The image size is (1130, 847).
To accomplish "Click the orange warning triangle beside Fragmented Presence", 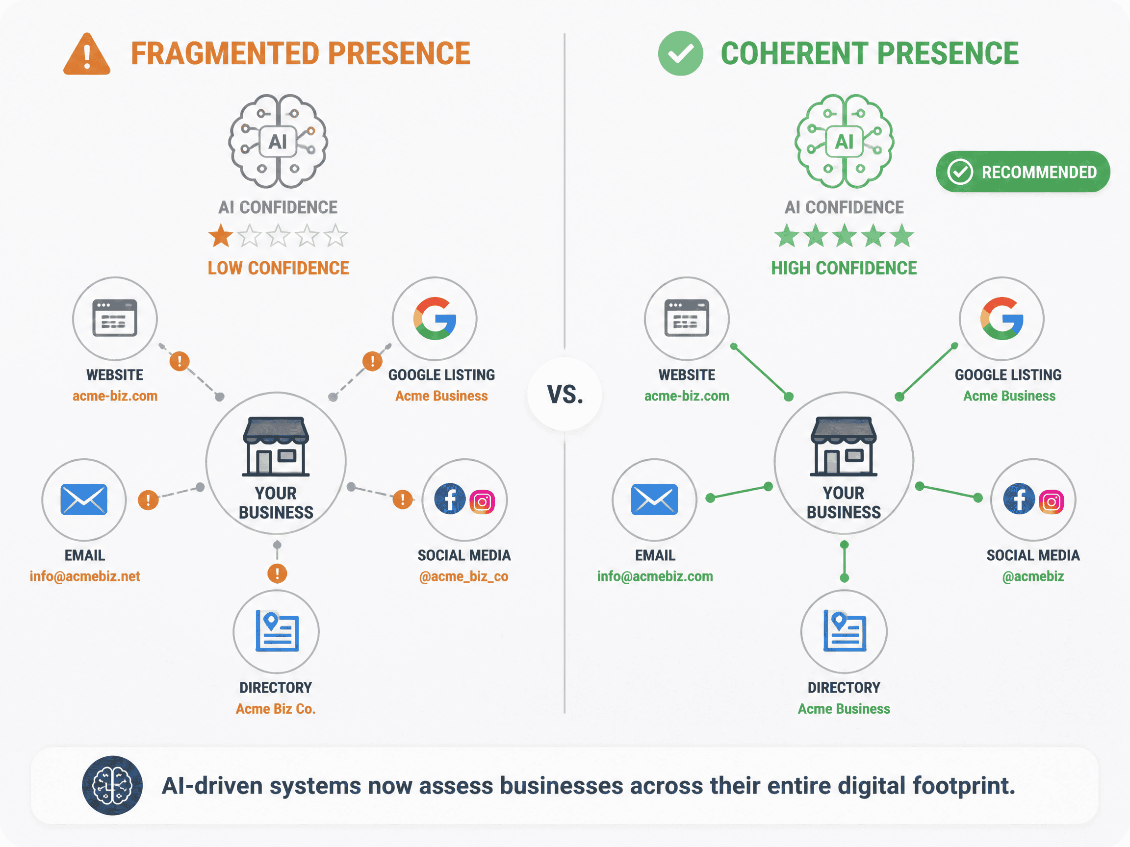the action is (x=87, y=54).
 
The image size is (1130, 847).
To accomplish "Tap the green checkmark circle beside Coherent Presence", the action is (x=680, y=53).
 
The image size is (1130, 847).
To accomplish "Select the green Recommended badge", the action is (x=1023, y=172).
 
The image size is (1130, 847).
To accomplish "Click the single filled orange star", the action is (x=221, y=235).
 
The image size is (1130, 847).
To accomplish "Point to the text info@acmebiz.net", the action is (x=85, y=576).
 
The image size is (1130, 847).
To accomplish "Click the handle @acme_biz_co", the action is (x=464, y=576).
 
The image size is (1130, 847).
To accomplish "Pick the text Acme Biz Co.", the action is (x=276, y=709).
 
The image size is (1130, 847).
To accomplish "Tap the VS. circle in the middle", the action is (x=565, y=394).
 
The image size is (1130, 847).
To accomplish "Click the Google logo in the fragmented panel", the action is (x=435, y=319).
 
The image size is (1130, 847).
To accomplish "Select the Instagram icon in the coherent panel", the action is (x=1052, y=502).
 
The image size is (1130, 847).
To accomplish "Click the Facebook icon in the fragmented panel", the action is (x=450, y=499).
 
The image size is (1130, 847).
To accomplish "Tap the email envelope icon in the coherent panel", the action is (x=654, y=499).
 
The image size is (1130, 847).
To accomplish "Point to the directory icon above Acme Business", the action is (x=845, y=631).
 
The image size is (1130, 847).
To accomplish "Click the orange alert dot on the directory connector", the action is (x=278, y=573).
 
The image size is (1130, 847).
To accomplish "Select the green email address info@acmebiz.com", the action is (x=655, y=576).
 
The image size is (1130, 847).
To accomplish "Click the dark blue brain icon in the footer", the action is (x=112, y=785).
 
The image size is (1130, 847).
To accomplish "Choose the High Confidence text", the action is (x=844, y=268).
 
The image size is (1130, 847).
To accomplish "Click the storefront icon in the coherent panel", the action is (x=844, y=447).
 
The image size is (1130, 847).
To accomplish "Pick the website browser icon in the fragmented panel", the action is (x=114, y=318).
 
